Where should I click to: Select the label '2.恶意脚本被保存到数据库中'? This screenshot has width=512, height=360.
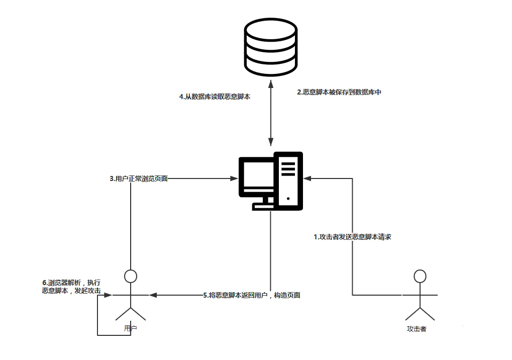(339, 93)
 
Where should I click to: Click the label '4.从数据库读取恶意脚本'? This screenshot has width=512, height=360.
(215, 97)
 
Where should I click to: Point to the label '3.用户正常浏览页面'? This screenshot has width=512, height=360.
(139, 178)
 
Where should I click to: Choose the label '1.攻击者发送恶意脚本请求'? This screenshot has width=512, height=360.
(352, 237)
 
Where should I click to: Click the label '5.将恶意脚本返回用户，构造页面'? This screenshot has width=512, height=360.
(252, 295)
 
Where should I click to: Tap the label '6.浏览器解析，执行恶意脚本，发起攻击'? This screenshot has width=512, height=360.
(72, 287)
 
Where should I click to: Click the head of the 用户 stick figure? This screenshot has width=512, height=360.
(131, 276)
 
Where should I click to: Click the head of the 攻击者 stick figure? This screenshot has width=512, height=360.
(420, 276)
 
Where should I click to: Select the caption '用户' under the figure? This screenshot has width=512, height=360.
(131, 328)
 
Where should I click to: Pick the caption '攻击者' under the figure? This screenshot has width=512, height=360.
(417, 329)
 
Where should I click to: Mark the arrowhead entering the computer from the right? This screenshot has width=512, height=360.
(307, 178)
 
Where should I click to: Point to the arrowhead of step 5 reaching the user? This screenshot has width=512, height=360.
(152, 295)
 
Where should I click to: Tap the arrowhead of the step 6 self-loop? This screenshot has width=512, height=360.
(108, 295)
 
